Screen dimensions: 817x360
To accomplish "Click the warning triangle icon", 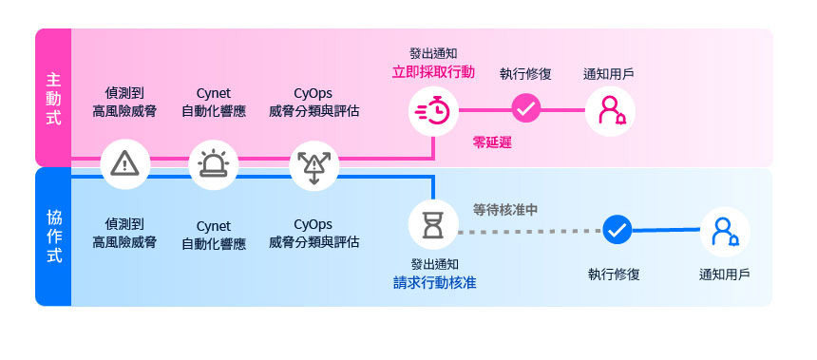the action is click(125, 164).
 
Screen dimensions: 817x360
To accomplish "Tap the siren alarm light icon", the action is click(213, 164).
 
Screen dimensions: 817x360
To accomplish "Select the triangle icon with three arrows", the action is click(313, 166).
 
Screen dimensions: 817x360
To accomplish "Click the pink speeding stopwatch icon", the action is click(433, 111).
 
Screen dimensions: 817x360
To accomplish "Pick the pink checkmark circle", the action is click(526, 108).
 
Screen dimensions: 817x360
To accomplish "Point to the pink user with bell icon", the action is click(611, 110).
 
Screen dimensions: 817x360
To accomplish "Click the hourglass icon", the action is click(433, 225).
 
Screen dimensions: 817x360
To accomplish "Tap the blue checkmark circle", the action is click(617, 229).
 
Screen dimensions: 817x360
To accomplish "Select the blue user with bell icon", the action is click(725, 232).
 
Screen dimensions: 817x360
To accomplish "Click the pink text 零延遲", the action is click(492, 142).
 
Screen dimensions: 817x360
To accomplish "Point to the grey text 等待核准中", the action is click(504, 210).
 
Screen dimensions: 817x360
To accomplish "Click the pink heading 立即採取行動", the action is click(433, 72).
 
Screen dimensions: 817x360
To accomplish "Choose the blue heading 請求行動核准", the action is click(434, 283).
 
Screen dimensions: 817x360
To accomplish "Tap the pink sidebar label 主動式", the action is click(53, 99).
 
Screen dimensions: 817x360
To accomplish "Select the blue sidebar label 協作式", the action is click(53, 237).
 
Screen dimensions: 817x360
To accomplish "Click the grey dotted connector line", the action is click(530, 231).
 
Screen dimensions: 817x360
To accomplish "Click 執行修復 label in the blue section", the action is click(614, 275).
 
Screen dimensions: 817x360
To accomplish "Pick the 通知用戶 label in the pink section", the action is click(609, 74).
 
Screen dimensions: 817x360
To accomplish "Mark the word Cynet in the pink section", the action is click(213, 94).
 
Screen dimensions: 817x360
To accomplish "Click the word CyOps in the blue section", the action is click(313, 224).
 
